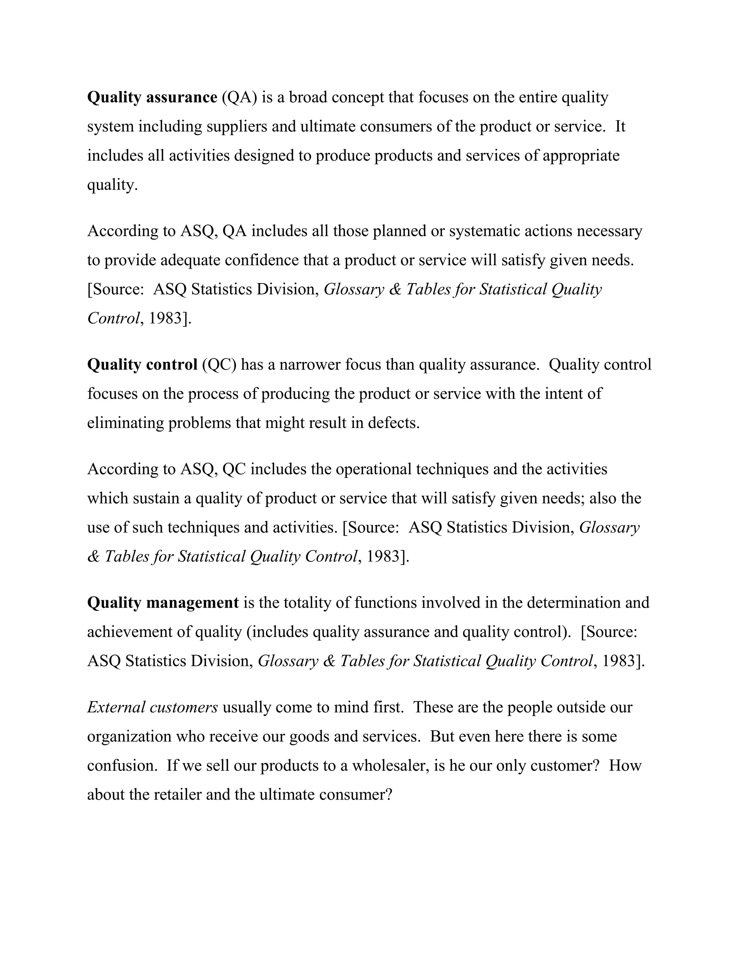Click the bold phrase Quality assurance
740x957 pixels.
click(152, 97)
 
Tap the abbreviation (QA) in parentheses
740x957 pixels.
click(239, 97)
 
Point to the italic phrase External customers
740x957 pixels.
click(152, 707)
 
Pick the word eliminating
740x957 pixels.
click(126, 423)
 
